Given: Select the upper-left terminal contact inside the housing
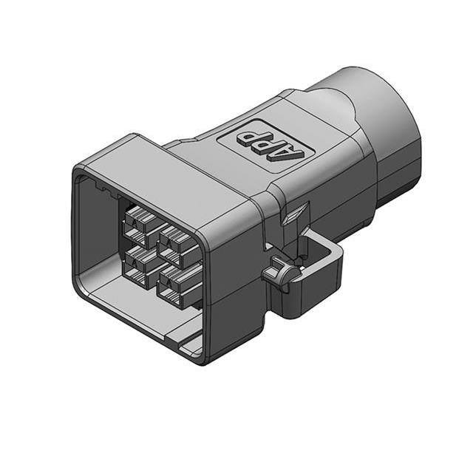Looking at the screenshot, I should pos(137,222).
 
